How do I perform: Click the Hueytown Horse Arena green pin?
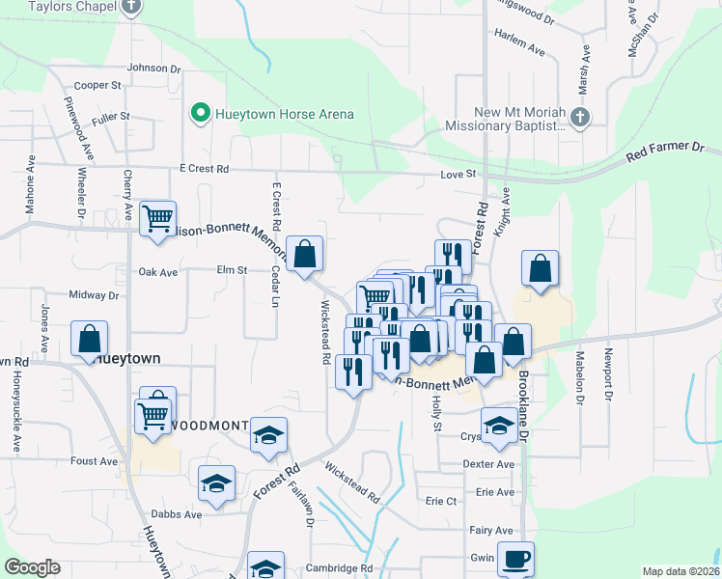pyautogui.click(x=201, y=114)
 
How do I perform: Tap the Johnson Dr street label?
pyautogui.click(x=153, y=69)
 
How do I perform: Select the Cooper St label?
pyautogui.click(x=97, y=85)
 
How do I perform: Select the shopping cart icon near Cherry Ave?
pyautogui.click(x=157, y=217)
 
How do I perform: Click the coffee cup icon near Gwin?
pyautogui.click(x=515, y=557)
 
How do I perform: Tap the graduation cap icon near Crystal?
pyautogui.click(x=498, y=426)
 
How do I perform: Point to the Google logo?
pyautogui.click(x=32, y=567)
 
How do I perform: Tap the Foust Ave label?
pyautogui.click(x=94, y=461)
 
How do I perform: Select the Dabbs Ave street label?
pyautogui.click(x=179, y=514)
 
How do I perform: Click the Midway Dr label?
pyautogui.click(x=93, y=295)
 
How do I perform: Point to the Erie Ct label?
pyautogui.click(x=440, y=501)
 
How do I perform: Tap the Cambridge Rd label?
pyautogui.click(x=339, y=568)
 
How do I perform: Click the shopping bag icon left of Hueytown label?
pyautogui.click(x=89, y=339)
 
